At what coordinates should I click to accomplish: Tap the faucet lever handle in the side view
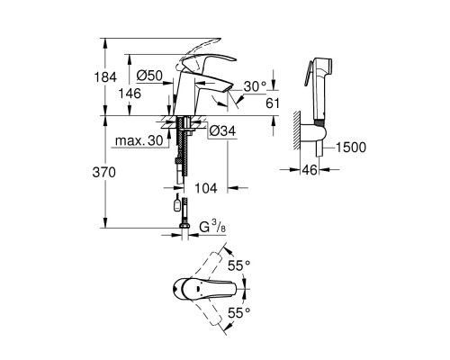[202, 53]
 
